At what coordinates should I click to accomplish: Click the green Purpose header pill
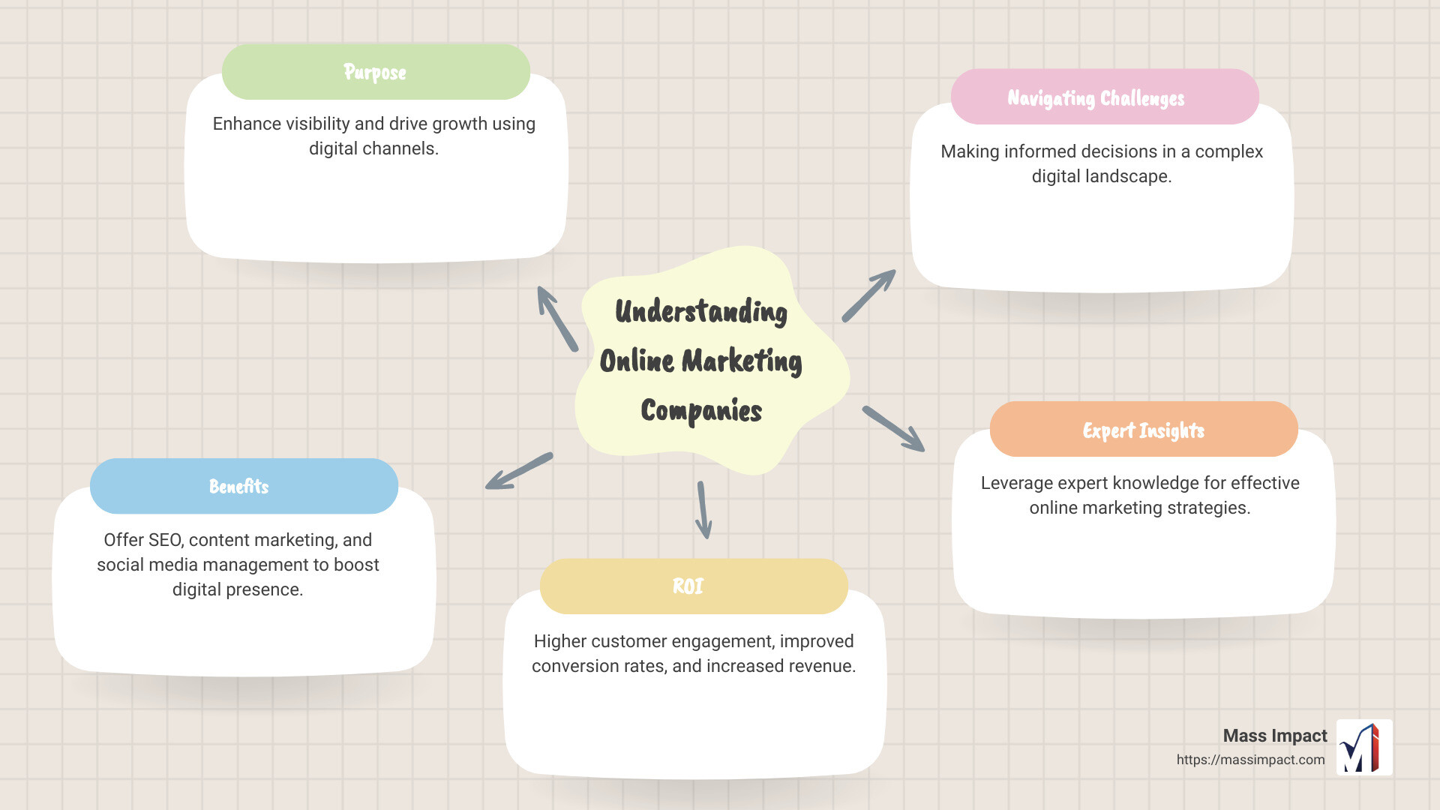click(x=376, y=72)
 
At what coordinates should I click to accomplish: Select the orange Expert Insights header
click(x=1143, y=430)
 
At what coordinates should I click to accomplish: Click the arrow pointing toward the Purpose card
click(x=557, y=319)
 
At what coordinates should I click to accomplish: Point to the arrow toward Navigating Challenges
click(x=868, y=295)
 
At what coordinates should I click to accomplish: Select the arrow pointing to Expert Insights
click(x=893, y=429)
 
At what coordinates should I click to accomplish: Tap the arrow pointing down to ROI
click(x=703, y=510)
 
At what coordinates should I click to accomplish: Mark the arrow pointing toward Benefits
click(x=519, y=471)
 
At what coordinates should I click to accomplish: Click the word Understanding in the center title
click(x=701, y=312)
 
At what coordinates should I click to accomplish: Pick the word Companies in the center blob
click(x=701, y=410)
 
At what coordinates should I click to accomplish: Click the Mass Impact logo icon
click(x=1364, y=747)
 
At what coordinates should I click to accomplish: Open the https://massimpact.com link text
click(x=1250, y=760)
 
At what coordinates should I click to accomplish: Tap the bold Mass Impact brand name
click(x=1274, y=736)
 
